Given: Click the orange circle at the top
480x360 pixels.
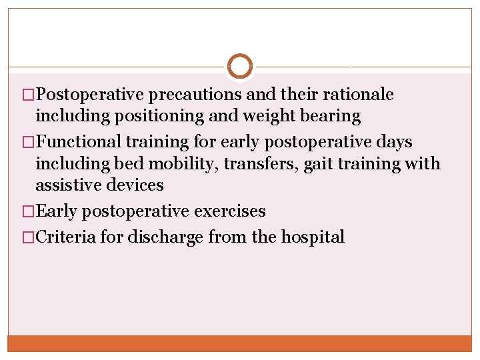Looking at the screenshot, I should (x=240, y=67).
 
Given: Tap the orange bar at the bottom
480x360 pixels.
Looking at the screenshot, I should (x=240, y=343).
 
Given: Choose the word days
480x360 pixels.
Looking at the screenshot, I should (x=393, y=142).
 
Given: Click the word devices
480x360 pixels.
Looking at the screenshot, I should (x=135, y=185).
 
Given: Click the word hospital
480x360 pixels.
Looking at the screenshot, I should (x=312, y=237).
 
